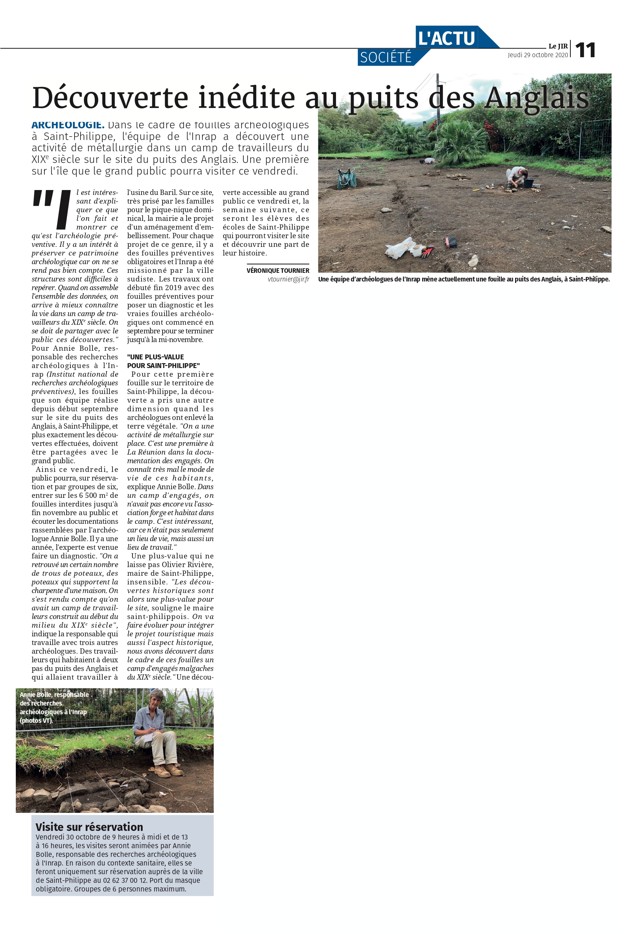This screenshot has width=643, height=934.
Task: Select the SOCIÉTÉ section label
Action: click(386, 58)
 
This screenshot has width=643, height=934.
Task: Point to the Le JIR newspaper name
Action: click(558, 46)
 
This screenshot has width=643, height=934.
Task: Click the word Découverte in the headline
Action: click(110, 97)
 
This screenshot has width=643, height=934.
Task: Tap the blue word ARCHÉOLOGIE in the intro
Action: click(68, 125)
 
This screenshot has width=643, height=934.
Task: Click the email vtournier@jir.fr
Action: click(289, 279)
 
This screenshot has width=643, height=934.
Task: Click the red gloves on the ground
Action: click(427, 251)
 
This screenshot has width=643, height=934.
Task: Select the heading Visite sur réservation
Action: click(89, 827)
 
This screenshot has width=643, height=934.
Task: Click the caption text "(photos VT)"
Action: click(36, 721)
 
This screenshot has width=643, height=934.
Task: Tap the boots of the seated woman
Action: click(169, 770)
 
